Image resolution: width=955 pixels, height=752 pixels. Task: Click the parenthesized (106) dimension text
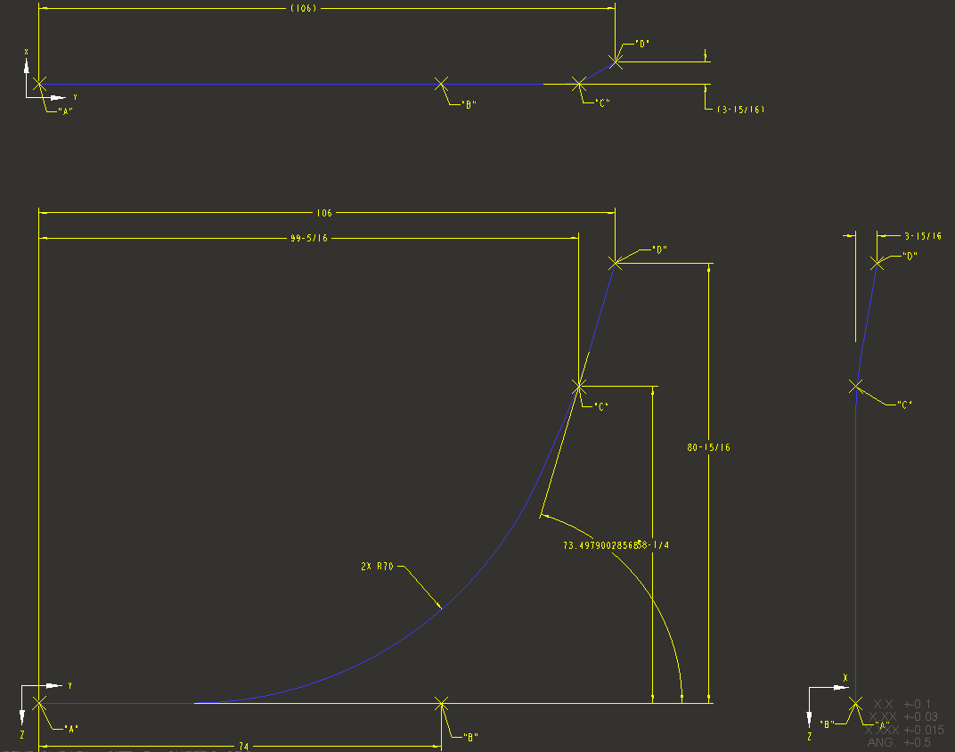304,8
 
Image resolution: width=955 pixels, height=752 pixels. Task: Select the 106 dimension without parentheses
323,214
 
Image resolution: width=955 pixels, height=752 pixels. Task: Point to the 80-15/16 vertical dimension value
708,447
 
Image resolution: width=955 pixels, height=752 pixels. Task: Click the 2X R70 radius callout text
377,566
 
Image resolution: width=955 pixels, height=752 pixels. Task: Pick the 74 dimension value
243,746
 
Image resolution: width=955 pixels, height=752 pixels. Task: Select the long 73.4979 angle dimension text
616,545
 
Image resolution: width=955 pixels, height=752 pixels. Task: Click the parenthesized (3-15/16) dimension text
740,110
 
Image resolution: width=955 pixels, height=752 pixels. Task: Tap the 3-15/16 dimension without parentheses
922,236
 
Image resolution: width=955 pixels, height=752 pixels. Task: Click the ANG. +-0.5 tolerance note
899,742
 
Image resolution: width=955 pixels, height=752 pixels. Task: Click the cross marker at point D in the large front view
615,263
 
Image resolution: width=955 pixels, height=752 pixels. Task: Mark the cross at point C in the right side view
856,386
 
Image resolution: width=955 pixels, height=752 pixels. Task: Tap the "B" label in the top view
469,104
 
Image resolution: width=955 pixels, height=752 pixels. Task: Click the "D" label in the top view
642,44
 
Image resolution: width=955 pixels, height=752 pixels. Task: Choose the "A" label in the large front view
71,728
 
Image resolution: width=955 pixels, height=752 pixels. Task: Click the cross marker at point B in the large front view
440,704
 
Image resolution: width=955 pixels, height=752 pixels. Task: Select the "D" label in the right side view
910,256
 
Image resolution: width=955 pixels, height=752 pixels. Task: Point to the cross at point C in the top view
579,83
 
